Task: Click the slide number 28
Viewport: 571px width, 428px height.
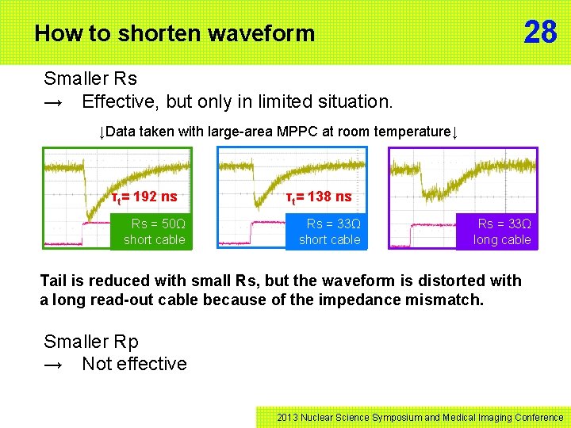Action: click(540, 32)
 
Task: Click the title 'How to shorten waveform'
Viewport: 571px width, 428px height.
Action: click(174, 33)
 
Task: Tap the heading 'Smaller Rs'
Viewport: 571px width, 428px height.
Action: click(90, 78)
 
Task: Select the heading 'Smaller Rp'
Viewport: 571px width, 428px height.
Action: click(90, 342)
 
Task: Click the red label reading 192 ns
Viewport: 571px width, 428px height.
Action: click(144, 197)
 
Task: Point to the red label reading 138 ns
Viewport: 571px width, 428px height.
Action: click(319, 197)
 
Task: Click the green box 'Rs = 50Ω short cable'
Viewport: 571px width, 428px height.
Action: click(154, 231)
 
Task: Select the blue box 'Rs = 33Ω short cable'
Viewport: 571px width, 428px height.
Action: click(329, 231)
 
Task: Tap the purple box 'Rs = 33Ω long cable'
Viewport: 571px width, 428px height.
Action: click(501, 231)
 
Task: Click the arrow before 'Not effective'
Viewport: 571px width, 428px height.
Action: click(54, 365)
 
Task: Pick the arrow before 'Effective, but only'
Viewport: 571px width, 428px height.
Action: click(54, 101)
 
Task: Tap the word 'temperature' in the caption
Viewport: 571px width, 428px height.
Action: click(409, 132)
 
